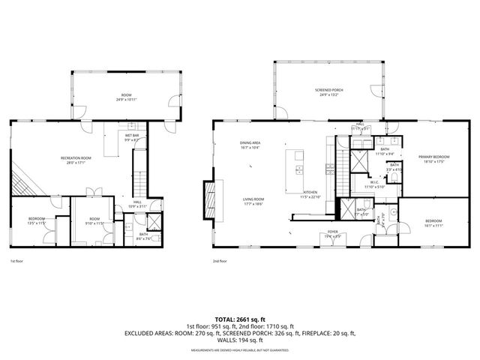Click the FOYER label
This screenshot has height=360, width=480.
pos(331,234)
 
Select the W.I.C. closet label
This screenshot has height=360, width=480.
pos(373,184)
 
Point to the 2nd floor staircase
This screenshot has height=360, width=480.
pos(341,160)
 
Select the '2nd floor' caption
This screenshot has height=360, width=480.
pos(220,262)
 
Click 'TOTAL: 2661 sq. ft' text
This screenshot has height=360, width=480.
pos(240,319)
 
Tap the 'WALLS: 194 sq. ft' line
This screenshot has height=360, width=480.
pos(240,341)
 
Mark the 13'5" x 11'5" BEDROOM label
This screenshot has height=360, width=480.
pos(37,221)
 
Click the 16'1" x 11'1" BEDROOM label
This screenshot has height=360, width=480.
pos(433,222)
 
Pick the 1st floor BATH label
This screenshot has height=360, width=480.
pos(142,235)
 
